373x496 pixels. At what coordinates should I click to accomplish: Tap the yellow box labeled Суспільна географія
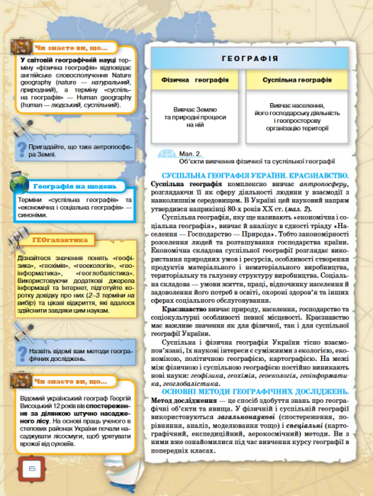click(x=297, y=79)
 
